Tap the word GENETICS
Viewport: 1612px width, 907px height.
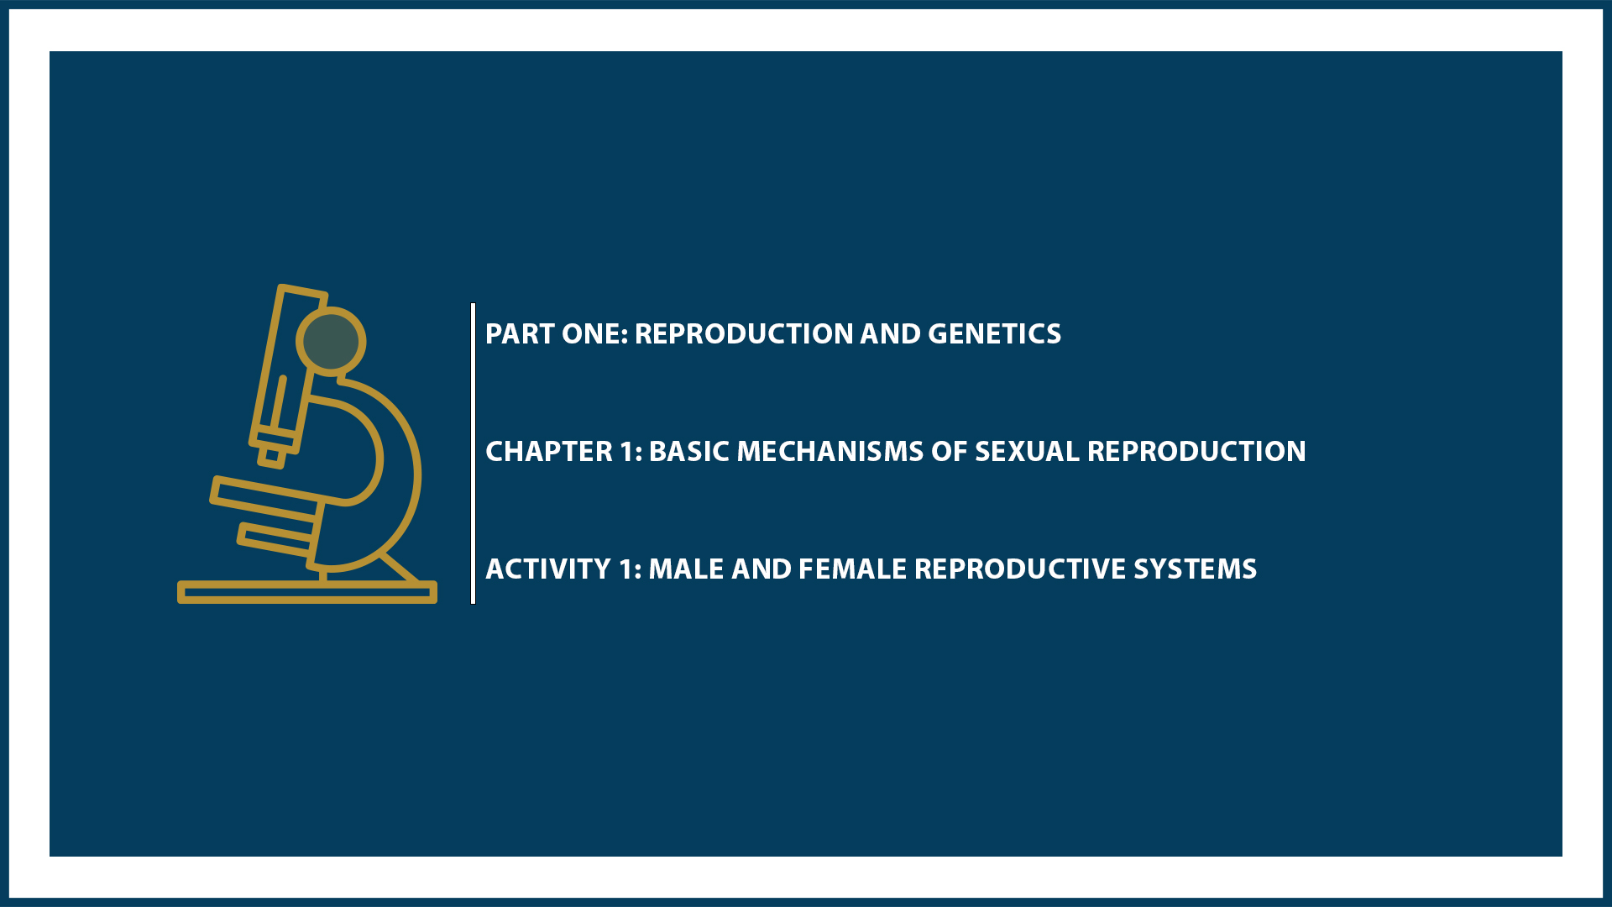click(x=994, y=334)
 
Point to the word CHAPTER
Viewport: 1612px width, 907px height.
click(x=549, y=452)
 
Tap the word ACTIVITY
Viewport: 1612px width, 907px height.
click(x=548, y=569)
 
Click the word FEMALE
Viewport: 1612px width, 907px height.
click(x=851, y=569)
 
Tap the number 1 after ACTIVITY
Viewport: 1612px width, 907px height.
click(x=627, y=569)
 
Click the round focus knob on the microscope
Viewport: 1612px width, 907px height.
click(x=331, y=341)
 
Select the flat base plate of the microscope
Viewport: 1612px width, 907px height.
click(x=306, y=593)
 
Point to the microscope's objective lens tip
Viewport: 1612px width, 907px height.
click(x=271, y=457)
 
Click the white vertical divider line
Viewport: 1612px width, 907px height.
click(x=474, y=453)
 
